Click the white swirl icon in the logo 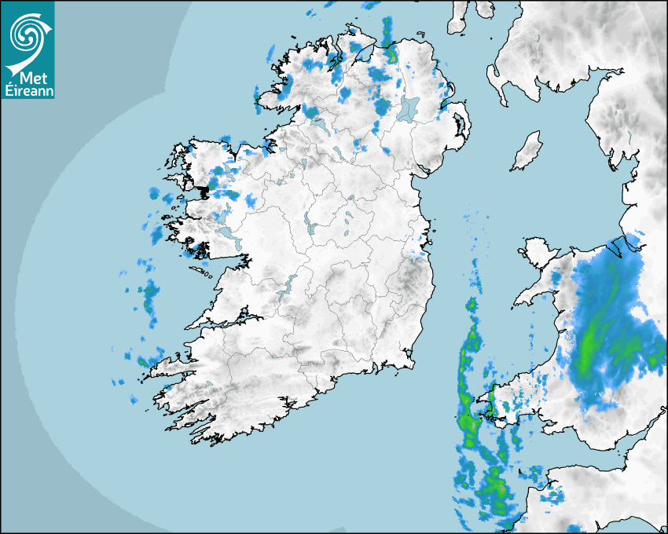28,32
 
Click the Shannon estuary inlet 228,319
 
